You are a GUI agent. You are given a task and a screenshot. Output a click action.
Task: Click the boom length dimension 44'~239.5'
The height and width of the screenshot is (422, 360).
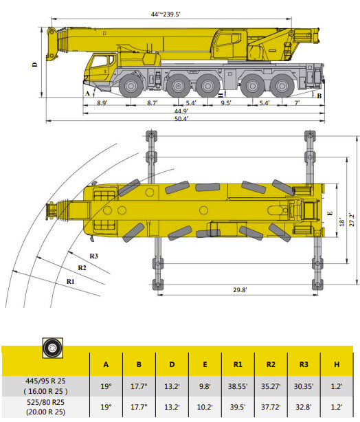pyautogui.click(x=166, y=14)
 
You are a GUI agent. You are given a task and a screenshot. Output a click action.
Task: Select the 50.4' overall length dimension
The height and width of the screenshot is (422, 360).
pyautogui.click(x=181, y=119)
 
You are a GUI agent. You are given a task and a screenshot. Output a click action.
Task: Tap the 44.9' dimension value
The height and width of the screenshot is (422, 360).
pyautogui.click(x=181, y=111)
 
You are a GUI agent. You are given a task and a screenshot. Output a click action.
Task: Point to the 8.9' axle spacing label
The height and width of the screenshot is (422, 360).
pyautogui.click(x=102, y=103)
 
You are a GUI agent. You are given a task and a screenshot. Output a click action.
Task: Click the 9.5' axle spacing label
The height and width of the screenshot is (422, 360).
pyautogui.click(x=226, y=103)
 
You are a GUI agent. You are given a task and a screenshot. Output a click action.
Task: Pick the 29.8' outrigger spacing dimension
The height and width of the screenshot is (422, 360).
pyautogui.click(x=240, y=290)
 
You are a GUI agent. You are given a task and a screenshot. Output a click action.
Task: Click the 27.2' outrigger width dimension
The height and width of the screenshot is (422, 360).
pyautogui.click(x=352, y=219)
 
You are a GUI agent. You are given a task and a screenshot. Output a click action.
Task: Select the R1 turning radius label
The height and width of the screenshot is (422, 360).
pyautogui.click(x=71, y=282)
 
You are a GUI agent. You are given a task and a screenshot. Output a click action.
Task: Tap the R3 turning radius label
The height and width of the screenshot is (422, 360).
pyautogui.click(x=93, y=256)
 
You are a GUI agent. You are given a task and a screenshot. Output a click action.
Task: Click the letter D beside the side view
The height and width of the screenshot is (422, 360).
pyautogui.click(x=35, y=65)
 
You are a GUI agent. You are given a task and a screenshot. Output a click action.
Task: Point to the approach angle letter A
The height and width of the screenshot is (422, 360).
pyautogui.click(x=87, y=93)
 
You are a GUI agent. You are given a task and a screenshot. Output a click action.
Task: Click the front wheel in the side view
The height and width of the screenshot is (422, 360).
pyautogui.click(x=131, y=86)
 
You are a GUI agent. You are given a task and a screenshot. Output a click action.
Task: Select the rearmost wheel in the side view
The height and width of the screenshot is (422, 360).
pyautogui.click(x=282, y=86)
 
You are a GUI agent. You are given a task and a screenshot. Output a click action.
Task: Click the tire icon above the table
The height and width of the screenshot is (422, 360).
pyautogui.click(x=53, y=348)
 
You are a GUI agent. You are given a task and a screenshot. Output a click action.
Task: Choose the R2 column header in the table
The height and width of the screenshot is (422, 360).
pyautogui.click(x=271, y=364)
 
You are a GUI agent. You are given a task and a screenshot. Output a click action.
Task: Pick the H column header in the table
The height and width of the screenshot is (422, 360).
pyautogui.click(x=337, y=364)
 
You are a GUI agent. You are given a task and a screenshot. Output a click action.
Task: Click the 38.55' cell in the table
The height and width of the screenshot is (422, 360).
pyautogui.click(x=238, y=386)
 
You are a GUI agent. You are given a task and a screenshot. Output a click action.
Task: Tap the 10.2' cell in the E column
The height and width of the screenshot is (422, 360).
pyautogui.click(x=205, y=407)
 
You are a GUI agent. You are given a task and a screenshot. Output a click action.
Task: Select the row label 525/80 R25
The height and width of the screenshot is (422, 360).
pyautogui.click(x=46, y=402)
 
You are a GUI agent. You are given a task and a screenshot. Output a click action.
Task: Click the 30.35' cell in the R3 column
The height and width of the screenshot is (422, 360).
pyautogui.click(x=304, y=386)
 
